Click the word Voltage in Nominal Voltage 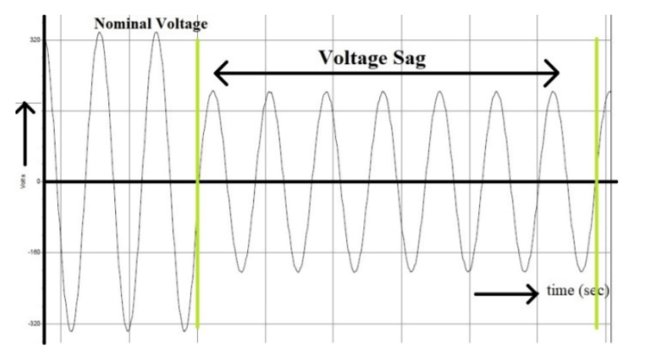(181, 24)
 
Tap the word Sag (408, 59)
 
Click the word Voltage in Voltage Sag (351, 59)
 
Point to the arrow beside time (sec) (506, 294)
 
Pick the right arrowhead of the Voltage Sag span (552, 74)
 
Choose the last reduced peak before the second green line (554, 93)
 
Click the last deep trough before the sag (184, 330)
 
